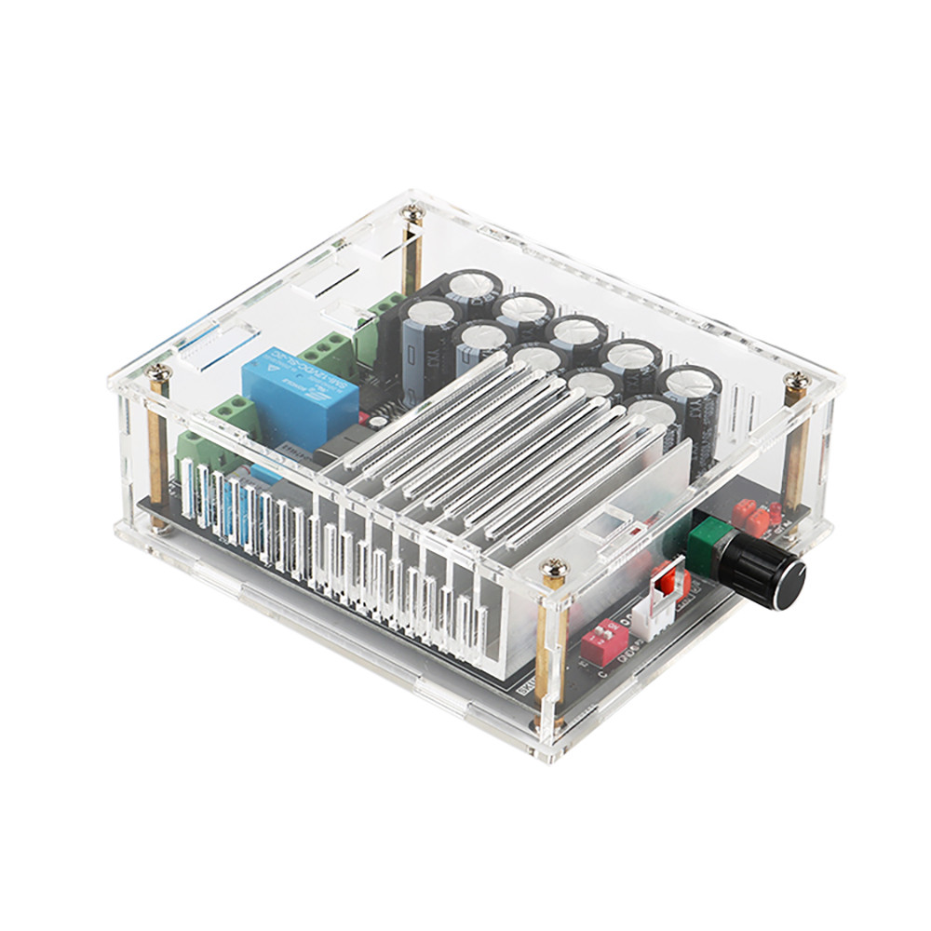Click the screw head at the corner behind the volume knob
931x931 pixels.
(x=797, y=381)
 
